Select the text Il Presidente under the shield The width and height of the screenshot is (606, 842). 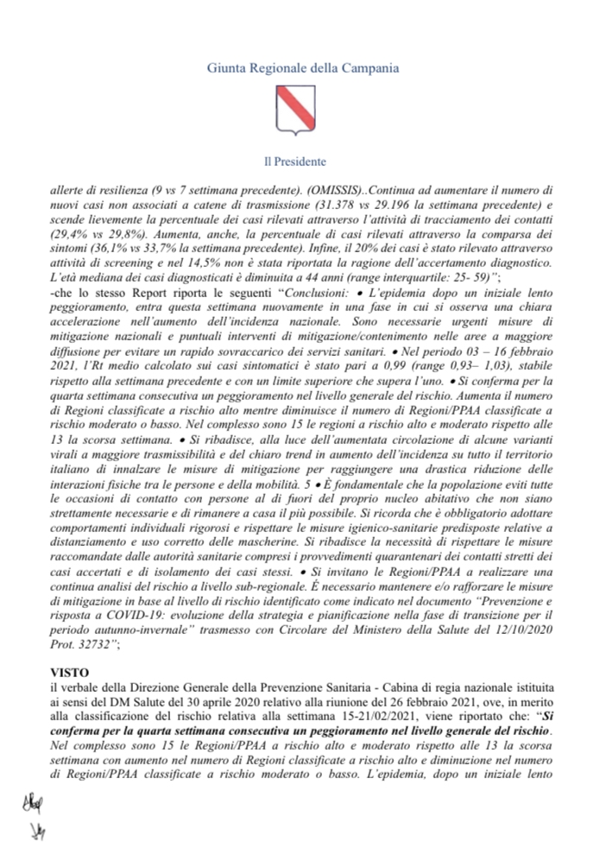click(302, 161)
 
